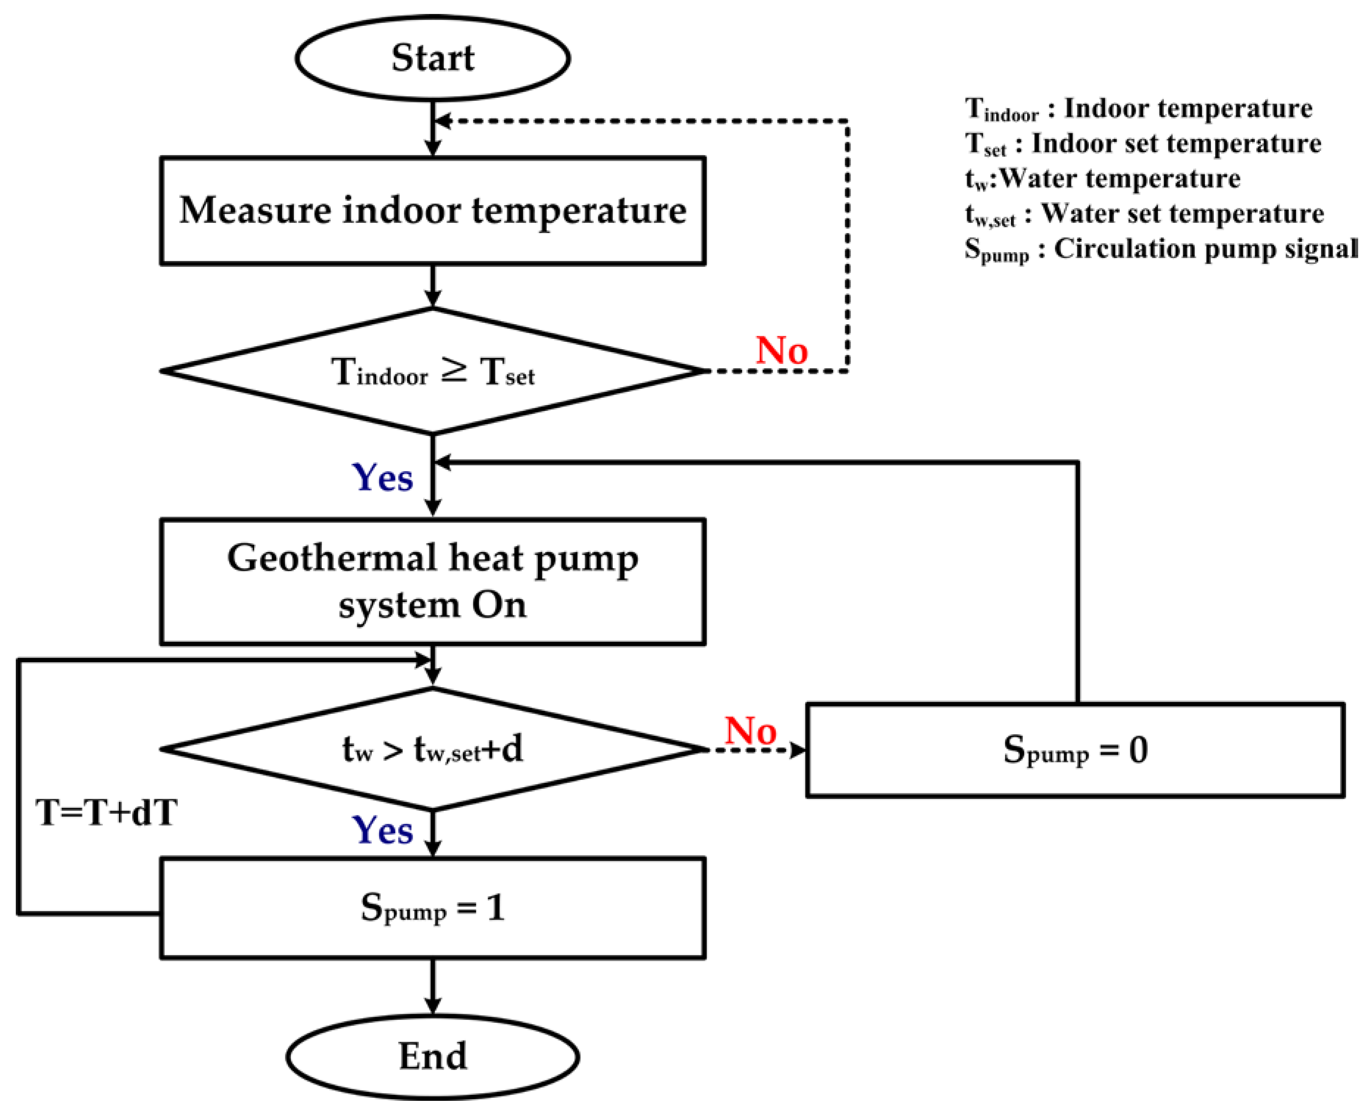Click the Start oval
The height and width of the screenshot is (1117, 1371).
pyautogui.click(x=433, y=58)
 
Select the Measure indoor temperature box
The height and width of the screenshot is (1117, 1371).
pyautogui.click(x=433, y=210)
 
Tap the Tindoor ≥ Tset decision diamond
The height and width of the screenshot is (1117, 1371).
pyautogui.click(x=433, y=371)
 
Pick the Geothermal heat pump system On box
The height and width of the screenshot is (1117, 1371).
pyautogui.click(x=433, y=581)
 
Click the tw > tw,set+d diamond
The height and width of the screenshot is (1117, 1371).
pyautogui.click(x=433, y=749)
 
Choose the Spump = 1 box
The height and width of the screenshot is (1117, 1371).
pyautogui.click(x=433, y=908)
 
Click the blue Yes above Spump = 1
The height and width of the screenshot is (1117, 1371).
pyautogui.click(x=382, y=830)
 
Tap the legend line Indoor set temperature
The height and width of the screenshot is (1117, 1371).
pyautogui.click(x=1142, y=143)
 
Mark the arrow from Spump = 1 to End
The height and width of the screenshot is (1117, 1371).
pyautogui.click(x=433, y=987)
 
